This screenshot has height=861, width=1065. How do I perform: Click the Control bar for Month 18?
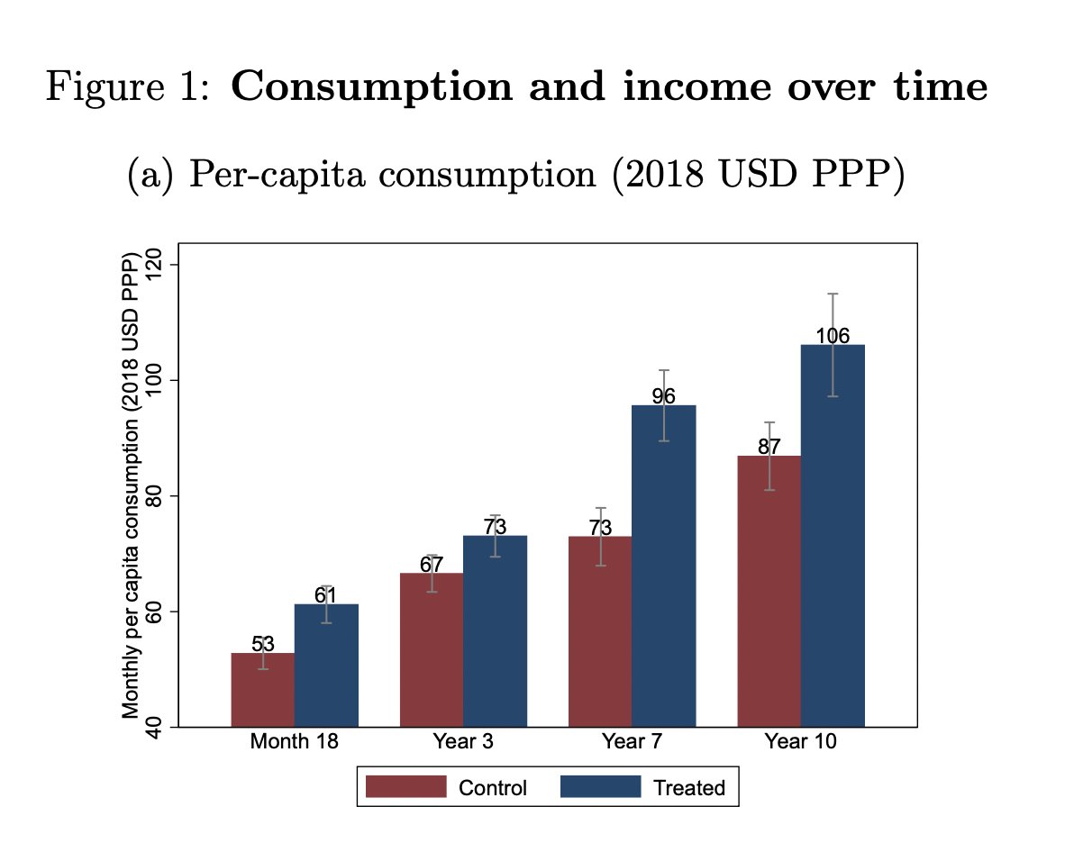click(262, 693)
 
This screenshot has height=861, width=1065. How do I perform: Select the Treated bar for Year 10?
click(833, 540)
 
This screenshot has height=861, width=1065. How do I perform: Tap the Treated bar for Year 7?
click(664, 567)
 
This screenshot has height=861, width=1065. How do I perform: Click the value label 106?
click(833, 337)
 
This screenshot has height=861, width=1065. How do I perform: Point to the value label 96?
click(664, 396)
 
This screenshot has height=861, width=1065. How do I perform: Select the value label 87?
click(769, 447)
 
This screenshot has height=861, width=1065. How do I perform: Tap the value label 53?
click(262, 644)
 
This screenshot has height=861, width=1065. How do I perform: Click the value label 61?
click(325, 595)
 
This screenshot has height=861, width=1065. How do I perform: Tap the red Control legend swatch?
click(405, 787)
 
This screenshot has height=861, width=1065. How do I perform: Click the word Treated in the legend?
click(688, 788)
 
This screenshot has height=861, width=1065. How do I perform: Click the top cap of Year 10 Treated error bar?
click(833, 294)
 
